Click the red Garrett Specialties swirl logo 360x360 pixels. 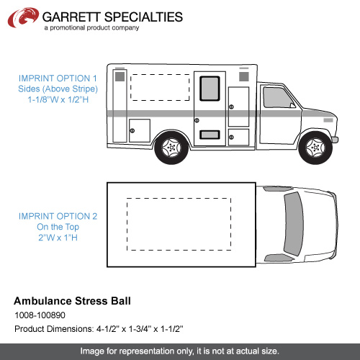coord(23,17)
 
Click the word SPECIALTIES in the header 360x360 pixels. coord(143,17)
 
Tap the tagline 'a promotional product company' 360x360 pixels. coord(91,28)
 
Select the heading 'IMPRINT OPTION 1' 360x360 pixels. coord(58,78)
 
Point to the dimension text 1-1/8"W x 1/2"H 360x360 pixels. coord(58,99)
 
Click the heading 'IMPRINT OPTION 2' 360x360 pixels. coord(58,216)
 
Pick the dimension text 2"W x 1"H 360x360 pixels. coord(58,238)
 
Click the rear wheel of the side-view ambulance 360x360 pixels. coord(171,147)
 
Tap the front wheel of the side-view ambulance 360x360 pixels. coord(315,147)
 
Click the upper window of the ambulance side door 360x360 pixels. coord(210,89)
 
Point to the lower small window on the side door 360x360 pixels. coord(210,135)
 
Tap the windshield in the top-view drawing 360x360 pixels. coord(293,224)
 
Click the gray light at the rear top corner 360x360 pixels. coord(120,76)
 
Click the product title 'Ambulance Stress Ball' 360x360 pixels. coord(72,301)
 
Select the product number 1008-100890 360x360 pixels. coord(40,315)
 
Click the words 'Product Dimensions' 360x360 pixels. coord(53,329)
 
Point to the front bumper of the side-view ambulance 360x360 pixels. coord(335,140)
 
